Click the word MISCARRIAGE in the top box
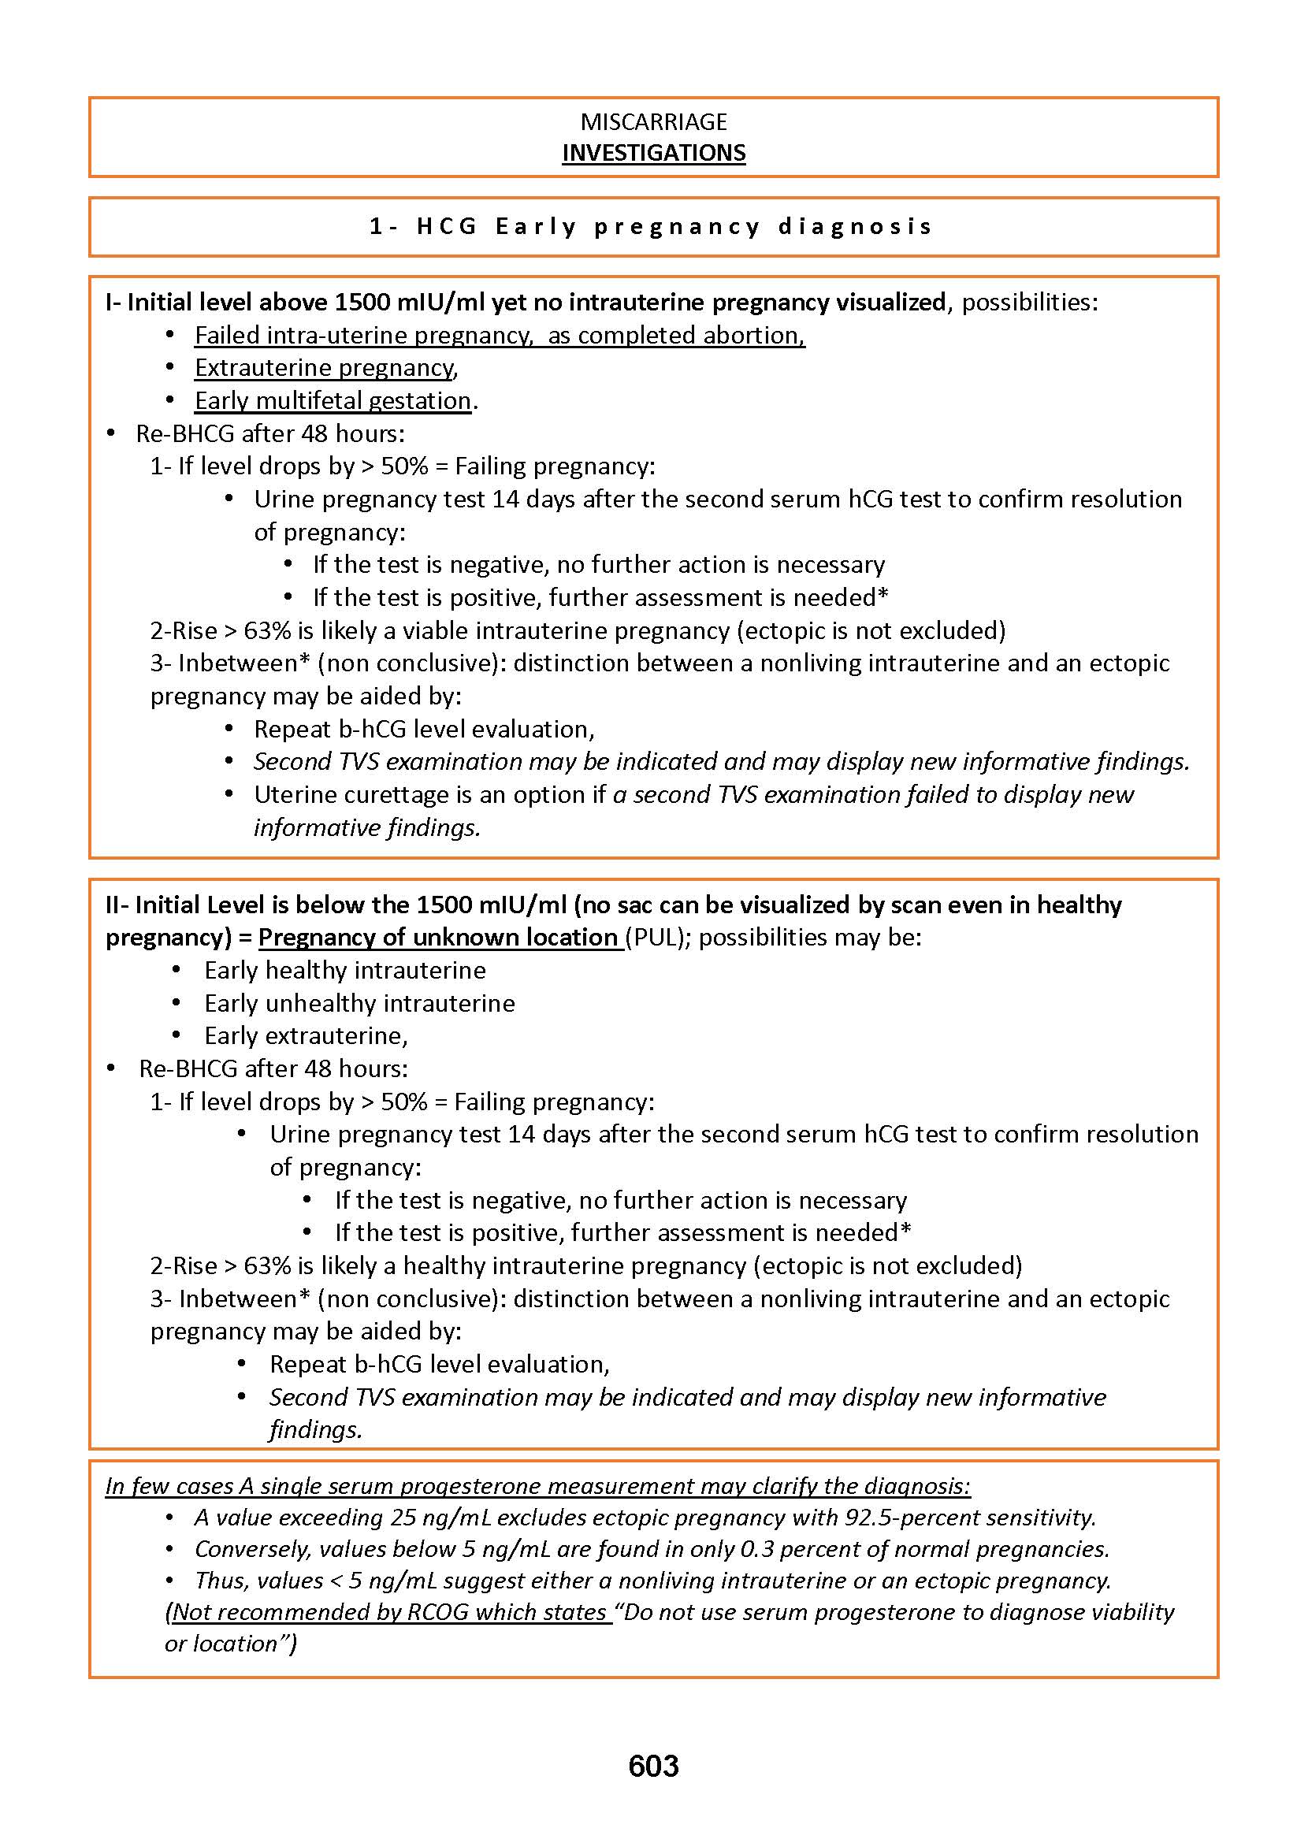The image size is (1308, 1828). pyautogui.click(x=653, y=121)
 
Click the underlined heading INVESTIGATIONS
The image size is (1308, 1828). pyautogui.click(x=653, y=153)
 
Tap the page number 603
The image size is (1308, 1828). pyautogui.click(x=653, y=1766)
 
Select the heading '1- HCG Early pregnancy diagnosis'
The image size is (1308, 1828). pyautogui.click(x=651, y=226)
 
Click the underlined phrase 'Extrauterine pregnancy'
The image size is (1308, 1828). pyautogui.click(x=325, y=368)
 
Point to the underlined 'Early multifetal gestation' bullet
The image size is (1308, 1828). pyautogui.click(x=333, y=400)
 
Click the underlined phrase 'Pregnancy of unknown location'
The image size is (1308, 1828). pyautogui.click(x=438, y=938)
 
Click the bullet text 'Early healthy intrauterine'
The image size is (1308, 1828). pyautogui.click(x=344, y=971)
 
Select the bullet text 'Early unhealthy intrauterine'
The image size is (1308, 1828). pyautogui.click(x=359, y=1003)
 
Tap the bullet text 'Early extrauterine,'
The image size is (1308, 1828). pyautogui.click(x=306, y=1035)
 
